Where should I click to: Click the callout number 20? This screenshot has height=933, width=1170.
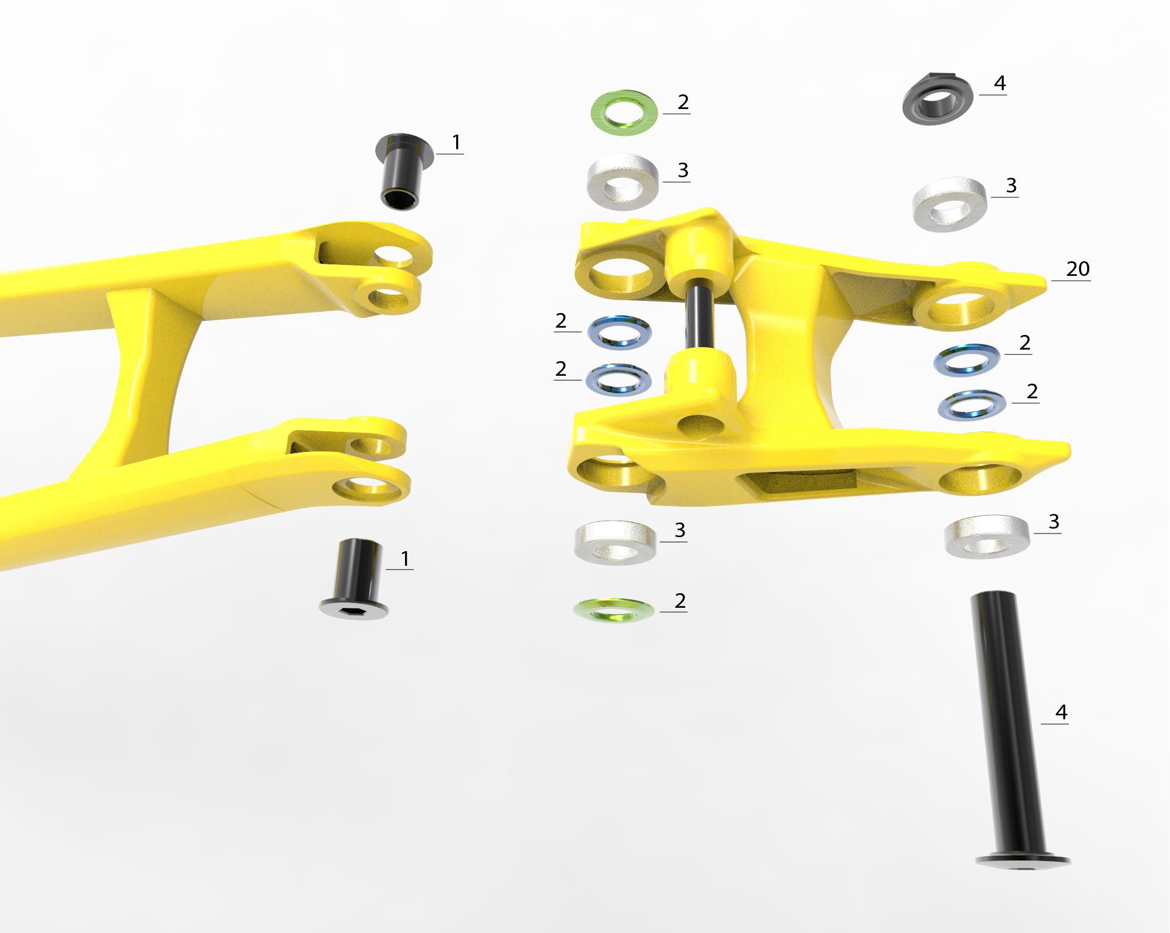(1077, 269)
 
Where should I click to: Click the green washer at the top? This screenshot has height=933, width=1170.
(624, 113)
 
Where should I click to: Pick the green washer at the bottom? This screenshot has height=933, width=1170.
(614, 610)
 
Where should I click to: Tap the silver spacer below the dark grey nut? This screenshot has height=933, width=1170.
(950, 204)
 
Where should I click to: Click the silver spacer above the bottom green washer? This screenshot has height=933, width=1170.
(616, 542)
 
